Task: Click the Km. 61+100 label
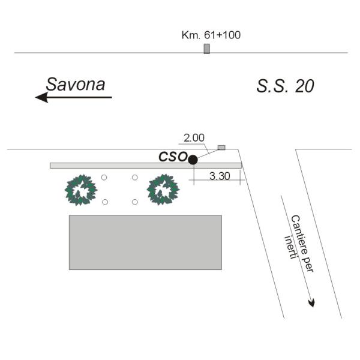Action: click(211, 35)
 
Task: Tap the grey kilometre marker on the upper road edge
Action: click(207, 49)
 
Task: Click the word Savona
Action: click(76, 84)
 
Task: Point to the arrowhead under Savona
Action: click(41, 97)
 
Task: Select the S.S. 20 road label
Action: click(285, 86)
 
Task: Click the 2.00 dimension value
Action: click(194, 138)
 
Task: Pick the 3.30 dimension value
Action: click(220, 176)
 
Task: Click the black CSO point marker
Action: click(193, 160)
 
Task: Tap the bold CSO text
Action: click(173, 157)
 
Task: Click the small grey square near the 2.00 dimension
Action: click(221, 148)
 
